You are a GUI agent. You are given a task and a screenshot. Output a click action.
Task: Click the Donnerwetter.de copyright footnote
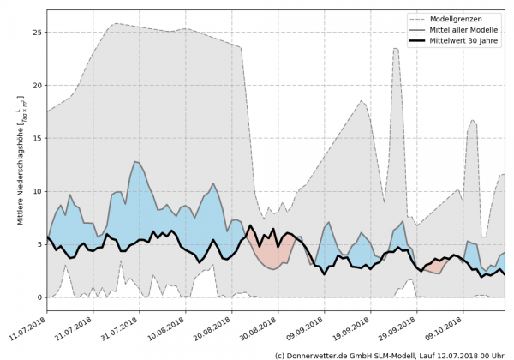(389, 354)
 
